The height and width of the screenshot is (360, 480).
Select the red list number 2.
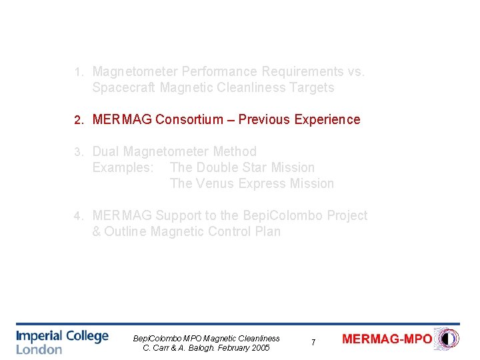click(x=78, y=120)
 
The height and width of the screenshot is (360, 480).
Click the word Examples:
click(x=123, y=167)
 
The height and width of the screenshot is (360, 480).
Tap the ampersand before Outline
click(x=97, y=231)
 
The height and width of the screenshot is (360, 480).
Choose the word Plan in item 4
click(x=266, y=231)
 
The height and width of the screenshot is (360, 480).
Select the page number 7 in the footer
click(x=313, y=342)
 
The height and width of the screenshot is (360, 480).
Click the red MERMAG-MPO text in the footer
click(x=387, y=339)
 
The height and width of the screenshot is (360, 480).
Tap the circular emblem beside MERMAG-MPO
click(x=446, y=339)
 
